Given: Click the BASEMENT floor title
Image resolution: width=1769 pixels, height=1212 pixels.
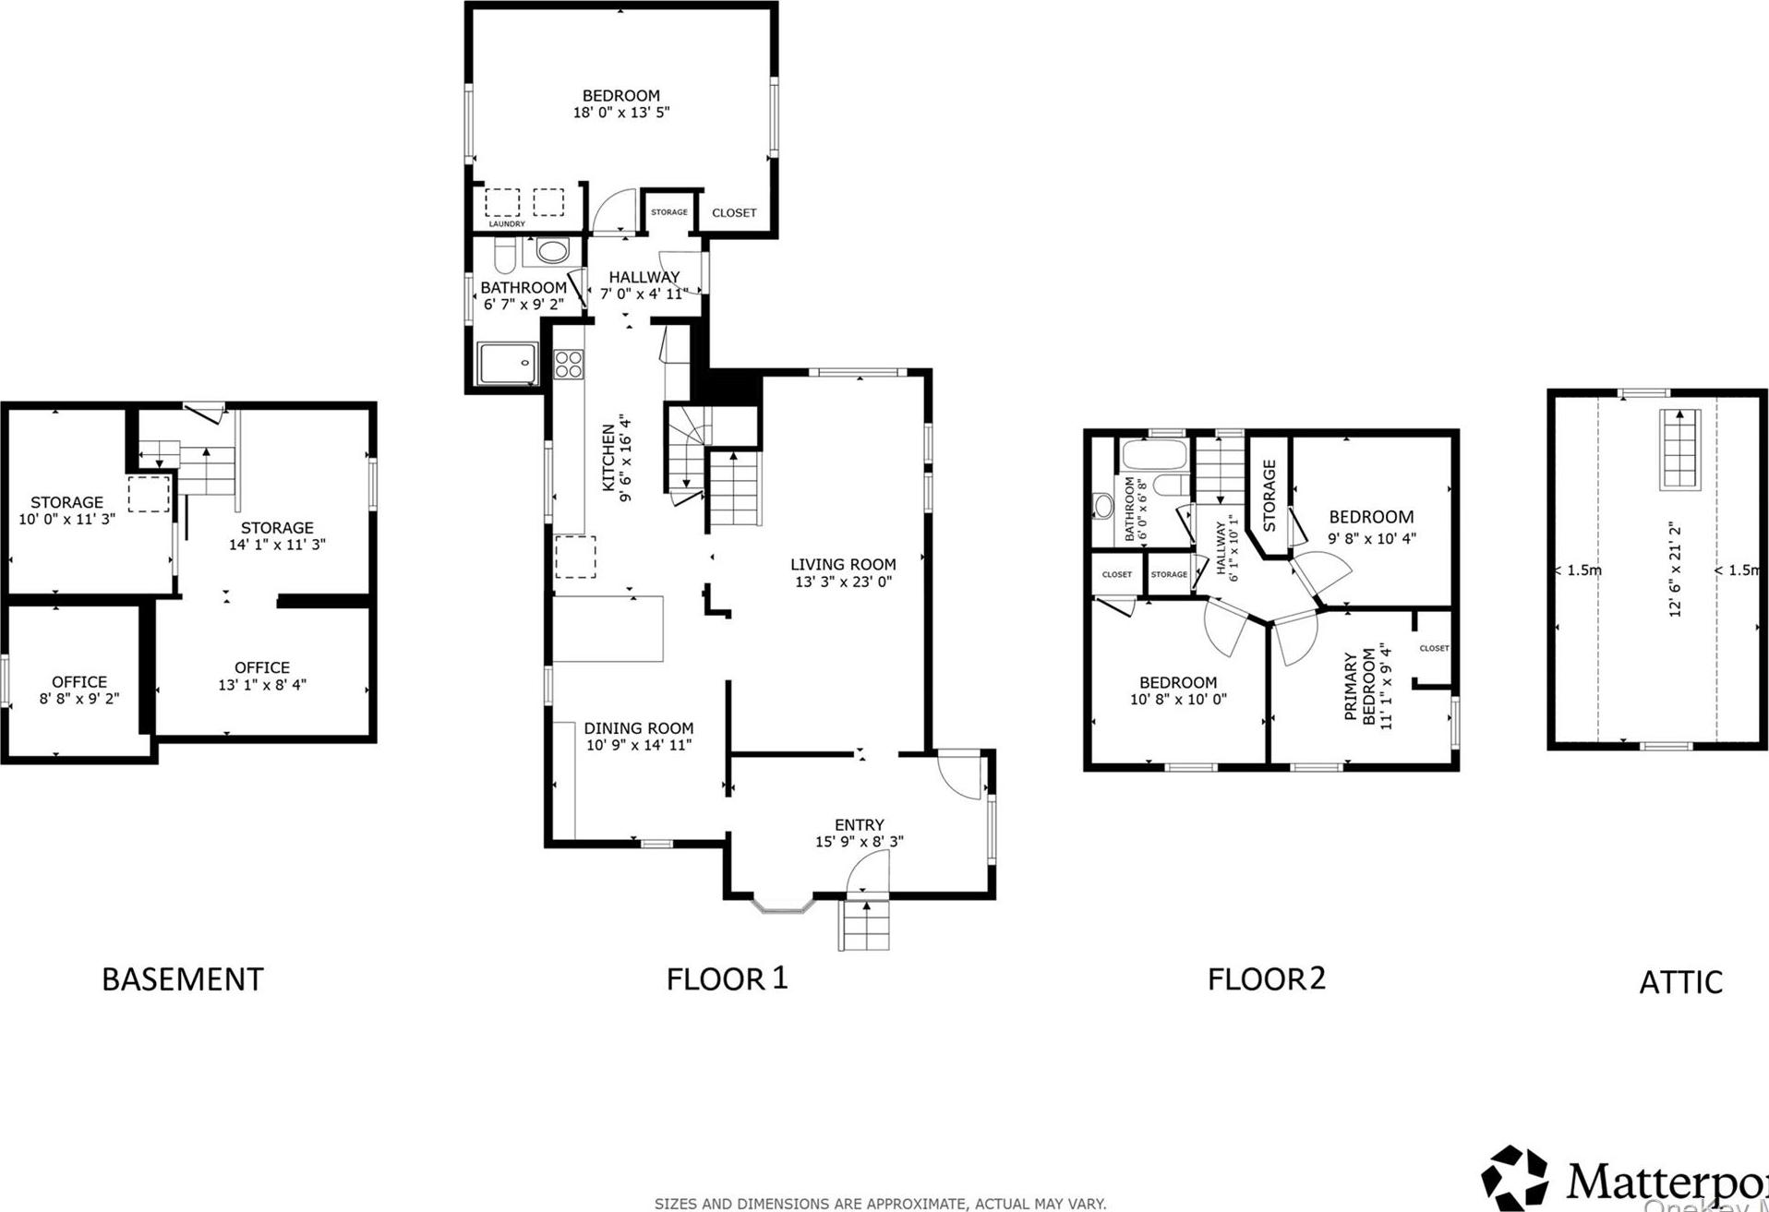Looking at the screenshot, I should click(x=182, y=979).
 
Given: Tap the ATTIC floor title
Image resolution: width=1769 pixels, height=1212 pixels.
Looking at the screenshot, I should click(x=1680, y=982).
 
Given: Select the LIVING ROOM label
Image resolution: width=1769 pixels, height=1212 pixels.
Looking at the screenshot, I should click(x=843, y=565).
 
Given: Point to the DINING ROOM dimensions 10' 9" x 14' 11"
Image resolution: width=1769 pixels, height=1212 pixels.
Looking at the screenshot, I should click(x=638, y=746).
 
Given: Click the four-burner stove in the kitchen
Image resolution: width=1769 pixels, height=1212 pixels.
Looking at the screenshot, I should click(x=569, y=365).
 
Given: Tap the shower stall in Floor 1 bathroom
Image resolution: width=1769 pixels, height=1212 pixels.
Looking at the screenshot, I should click(x=508, y=365).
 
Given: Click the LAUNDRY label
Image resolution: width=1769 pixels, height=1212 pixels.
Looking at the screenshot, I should click(x=507, y=224).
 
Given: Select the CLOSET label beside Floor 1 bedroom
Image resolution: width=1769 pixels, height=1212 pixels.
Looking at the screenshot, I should click(x=734, y=213).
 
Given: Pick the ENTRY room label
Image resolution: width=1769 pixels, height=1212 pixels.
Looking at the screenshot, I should click(x=859, y=825).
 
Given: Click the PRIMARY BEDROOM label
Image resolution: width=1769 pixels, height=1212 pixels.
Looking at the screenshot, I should click(x=1360, y=688).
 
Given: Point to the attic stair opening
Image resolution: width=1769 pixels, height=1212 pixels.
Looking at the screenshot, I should click(x=1680, y=450).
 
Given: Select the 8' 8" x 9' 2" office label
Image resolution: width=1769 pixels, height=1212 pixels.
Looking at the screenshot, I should click(x=79, y=690).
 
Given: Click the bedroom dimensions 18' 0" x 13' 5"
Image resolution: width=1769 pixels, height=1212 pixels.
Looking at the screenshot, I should click(x=620, y=113).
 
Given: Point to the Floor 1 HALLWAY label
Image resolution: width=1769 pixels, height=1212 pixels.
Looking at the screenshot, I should click(x=644, y=277).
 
